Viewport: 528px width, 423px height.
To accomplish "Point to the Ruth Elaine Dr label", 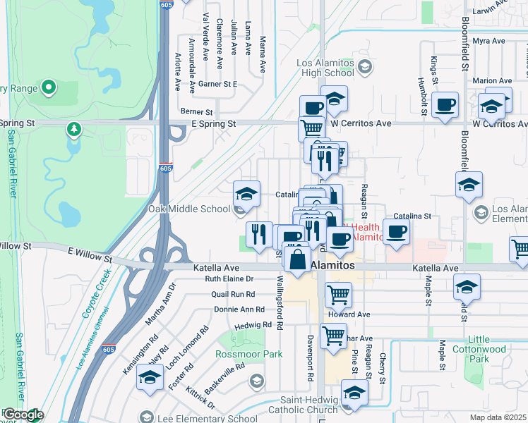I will point(229,279).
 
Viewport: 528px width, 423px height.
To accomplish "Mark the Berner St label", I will point(196,111).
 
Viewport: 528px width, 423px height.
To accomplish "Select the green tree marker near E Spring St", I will point(73,129).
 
